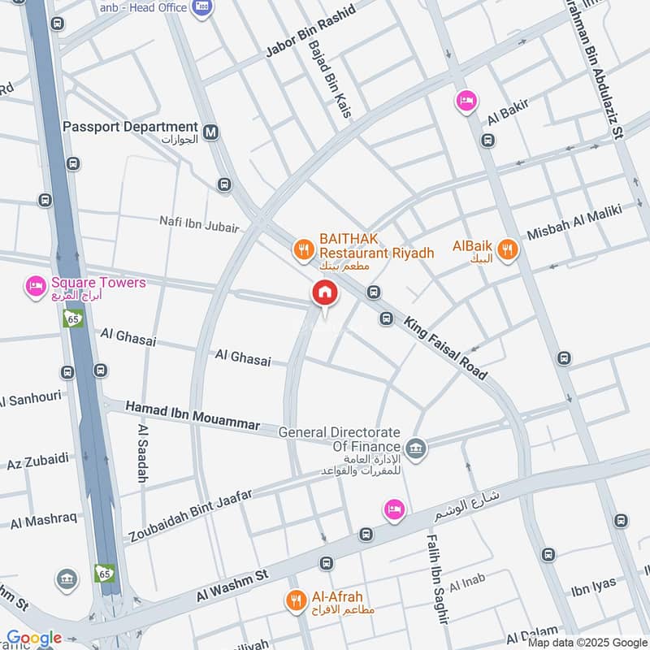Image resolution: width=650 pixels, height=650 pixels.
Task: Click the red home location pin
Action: click(x=324, y=293)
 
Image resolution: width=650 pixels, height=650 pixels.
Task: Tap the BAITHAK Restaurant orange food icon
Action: click(x=303, y=249)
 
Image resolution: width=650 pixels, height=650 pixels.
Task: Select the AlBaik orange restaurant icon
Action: click(x=508, y=249)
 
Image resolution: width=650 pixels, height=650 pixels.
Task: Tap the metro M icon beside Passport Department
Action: click(x=212, y=131)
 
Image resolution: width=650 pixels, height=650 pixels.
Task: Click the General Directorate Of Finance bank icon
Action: click(x=416, y=448)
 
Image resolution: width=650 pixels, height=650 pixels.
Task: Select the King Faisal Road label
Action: click(x=445, y=348)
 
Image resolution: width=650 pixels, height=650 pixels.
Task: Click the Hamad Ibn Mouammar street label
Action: click(x=193, y=414)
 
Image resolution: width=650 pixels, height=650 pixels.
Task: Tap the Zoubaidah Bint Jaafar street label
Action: click(x=191, y=515)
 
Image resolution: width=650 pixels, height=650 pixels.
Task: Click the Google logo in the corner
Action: click(x=33, y=639)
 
